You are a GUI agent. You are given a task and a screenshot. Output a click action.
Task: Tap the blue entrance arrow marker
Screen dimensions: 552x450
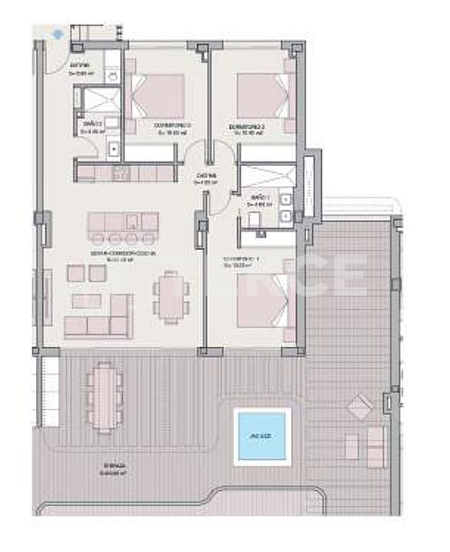pos(58,34)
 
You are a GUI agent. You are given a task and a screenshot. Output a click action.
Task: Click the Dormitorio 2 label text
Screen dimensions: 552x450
pos(248,130)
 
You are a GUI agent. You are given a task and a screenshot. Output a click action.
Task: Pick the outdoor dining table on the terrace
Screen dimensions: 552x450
pos(104,396)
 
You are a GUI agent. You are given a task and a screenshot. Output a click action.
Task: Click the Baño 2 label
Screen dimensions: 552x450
pos(92,125)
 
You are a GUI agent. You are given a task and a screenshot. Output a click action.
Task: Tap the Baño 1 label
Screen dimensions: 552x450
pos(259,199)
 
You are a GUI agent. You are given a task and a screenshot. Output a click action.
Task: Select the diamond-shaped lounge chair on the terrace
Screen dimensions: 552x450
pos(359,408)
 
